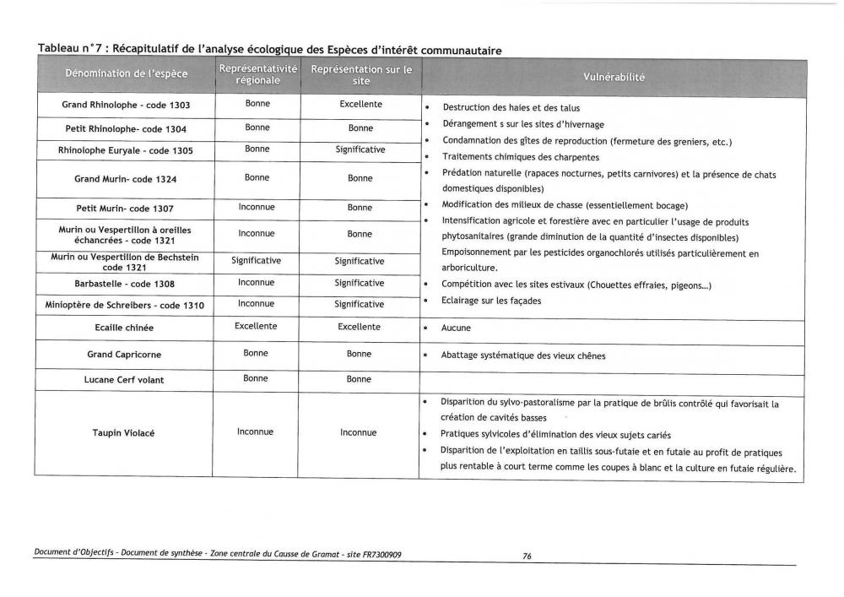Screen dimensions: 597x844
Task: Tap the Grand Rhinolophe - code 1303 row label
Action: [x=126, y=106]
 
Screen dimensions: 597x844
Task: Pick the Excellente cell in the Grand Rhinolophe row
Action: [x=360, y=105]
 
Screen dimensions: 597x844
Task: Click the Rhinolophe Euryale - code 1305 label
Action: [x=126, y=150]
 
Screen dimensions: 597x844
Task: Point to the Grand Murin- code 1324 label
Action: [x=126, y=179]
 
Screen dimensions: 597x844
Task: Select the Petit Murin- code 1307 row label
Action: [x=126, y=208]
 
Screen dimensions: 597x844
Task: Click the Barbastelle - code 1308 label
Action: [x=126, y=284]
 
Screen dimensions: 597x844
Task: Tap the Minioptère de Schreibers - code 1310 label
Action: [x=126, y=305]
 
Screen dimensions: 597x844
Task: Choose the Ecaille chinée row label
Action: [x=126, y=327]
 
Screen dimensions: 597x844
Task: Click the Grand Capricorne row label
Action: [x=126, y=355]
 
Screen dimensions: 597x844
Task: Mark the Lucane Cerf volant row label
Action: [x=126, y=380]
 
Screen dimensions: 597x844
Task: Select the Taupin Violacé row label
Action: [x=126, y=433]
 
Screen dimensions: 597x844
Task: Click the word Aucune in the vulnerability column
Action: [x=457, y=328]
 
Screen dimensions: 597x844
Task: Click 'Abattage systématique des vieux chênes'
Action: [x=523, y=356]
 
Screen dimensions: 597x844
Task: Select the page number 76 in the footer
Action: [x=527, y=556]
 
